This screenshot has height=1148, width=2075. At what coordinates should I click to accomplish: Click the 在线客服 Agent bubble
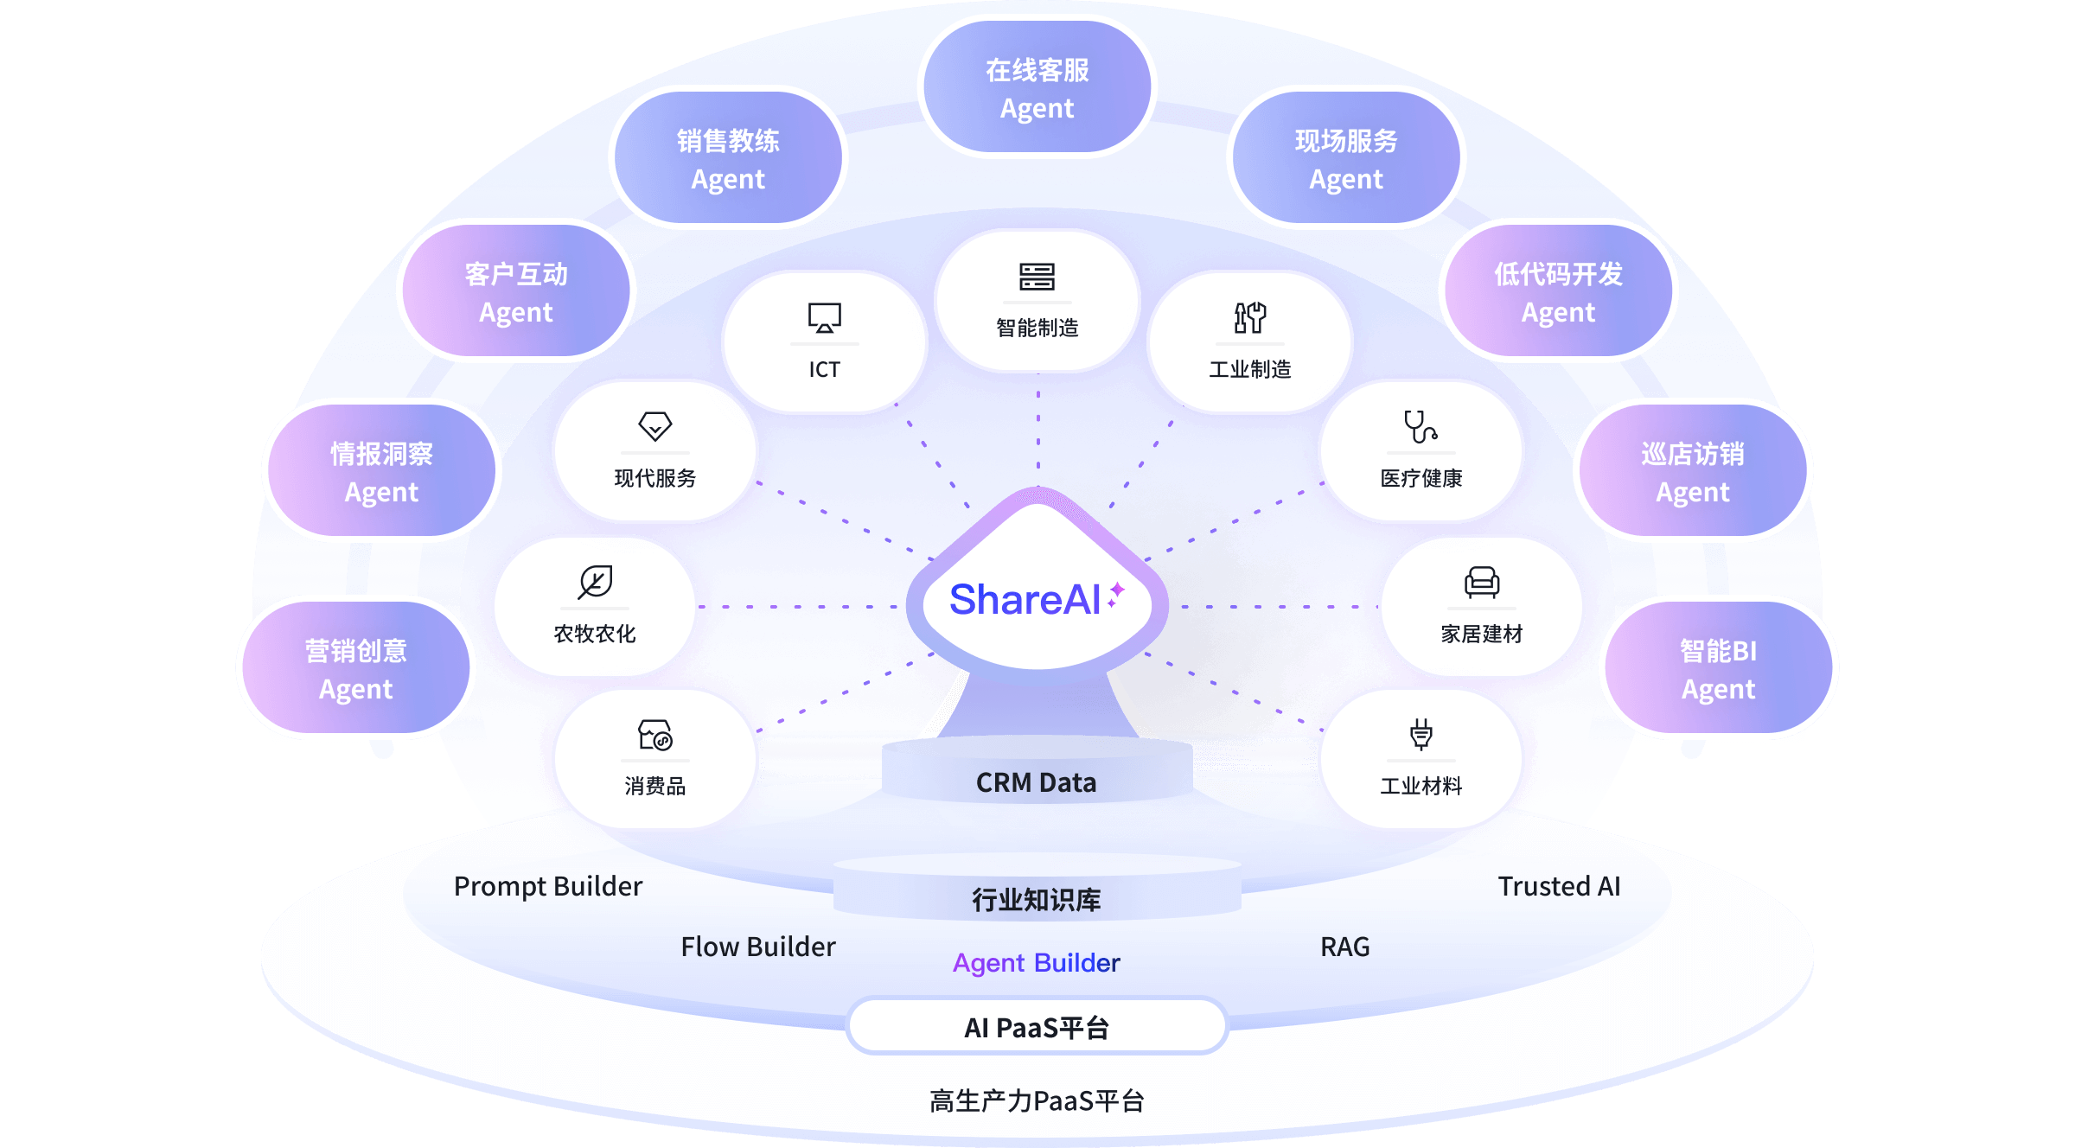click(1037, 87)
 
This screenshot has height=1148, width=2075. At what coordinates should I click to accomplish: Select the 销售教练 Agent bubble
click(728, 158)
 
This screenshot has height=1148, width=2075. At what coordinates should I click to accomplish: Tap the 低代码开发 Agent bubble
click(1558, 291)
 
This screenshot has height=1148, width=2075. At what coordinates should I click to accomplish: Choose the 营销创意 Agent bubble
click(355, 668)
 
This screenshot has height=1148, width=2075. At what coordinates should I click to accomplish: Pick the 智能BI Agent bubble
click(1718, 668)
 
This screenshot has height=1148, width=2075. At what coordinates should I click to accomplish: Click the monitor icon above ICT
click(824, 317)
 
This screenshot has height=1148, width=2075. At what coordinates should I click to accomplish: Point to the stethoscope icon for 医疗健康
click(1421, 426)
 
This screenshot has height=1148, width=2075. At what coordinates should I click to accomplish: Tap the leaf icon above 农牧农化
click(595, 582)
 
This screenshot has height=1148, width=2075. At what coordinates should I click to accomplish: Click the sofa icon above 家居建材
click(1481, 582)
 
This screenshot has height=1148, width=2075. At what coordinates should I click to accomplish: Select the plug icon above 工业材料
click(1421, 734)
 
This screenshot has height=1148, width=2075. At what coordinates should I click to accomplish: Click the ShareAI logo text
click(1025, 599)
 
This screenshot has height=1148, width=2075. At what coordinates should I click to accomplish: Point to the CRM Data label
click(1036, 782)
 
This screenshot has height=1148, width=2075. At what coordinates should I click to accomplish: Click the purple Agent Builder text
click(1036, 962)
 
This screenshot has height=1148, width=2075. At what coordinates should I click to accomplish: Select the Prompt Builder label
click(548, 886)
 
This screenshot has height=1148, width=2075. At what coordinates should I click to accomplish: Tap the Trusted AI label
click(1559, 886)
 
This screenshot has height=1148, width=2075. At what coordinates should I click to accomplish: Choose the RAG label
click(1344, 947)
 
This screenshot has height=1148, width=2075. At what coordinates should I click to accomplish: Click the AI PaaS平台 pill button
click(1037, 1027)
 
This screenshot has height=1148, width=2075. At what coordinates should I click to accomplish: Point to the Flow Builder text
click(758, 947)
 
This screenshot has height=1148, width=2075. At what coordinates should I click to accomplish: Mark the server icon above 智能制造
click(1037, 277)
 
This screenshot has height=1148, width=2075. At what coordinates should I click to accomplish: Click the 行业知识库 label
click(1036, 900)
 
